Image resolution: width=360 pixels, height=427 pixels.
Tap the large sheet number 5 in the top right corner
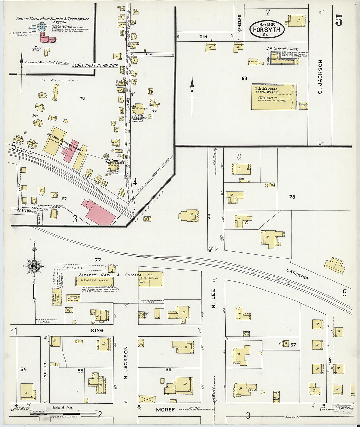(339, 21)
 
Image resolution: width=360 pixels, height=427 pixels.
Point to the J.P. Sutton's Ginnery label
(282, 49)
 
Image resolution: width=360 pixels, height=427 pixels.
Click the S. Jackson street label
(320, 77)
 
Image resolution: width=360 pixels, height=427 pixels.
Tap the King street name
(98, 330)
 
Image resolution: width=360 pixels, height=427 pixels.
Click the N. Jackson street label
(126, 364)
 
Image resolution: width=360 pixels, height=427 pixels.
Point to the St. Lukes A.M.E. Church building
(138, 109)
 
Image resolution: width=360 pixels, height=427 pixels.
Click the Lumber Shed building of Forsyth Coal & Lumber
(95, 281)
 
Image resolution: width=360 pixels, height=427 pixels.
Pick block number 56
(168, 369)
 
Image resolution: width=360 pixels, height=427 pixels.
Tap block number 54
(23, 369)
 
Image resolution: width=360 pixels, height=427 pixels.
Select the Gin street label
(203, 37)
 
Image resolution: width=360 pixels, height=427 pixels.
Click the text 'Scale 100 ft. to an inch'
(95, 65)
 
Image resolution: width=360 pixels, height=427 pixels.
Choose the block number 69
(244, 78)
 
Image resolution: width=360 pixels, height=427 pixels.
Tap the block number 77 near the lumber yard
(98, 260)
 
